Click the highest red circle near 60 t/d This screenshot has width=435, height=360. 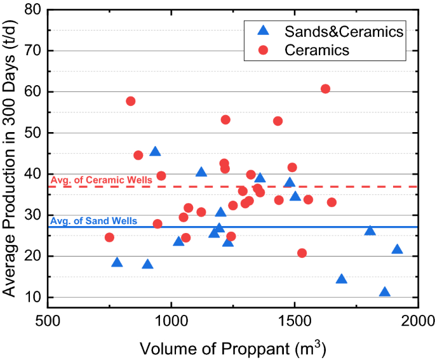[325, 89]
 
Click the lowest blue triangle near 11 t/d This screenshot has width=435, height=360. [384, 293]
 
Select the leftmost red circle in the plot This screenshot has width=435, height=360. [109, 237]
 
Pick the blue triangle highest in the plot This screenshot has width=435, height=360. [155, 152]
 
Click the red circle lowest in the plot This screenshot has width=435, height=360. [302, 253]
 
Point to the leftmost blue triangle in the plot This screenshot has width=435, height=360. [117, 263]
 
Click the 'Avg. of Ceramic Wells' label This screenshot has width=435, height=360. [100, 180]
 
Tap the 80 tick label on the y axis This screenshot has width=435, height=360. [30, 10]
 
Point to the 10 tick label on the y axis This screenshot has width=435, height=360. [30, 297]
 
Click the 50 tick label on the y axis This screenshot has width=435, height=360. [30, 133]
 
